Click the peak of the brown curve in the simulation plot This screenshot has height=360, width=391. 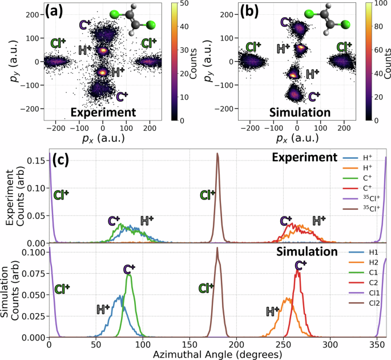point(217,247)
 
